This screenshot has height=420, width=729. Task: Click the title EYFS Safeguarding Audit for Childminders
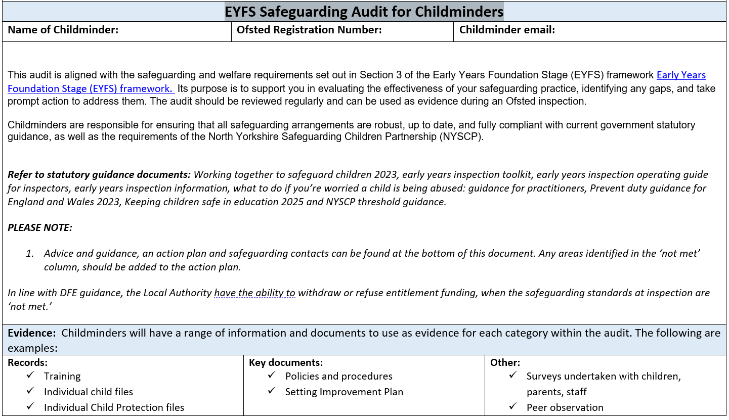click(x=364, y=11)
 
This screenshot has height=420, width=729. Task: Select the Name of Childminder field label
click(x=63, y=30)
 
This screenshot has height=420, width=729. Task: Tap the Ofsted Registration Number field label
click(x=309, y=30)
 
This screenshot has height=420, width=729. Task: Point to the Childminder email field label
click(x=507, y=30)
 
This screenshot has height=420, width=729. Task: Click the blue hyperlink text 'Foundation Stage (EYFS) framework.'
click(x=91, y=88)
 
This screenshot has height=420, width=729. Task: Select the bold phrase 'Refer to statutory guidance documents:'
click(x=99, y=175)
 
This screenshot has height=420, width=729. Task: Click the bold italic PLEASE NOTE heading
click(x=40, y=227)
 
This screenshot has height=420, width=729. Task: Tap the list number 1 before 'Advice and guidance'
click(x=30, y=253)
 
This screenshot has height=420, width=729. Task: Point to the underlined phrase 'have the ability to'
click(x=254, y=293)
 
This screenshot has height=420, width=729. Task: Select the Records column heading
click(x=28, y=362)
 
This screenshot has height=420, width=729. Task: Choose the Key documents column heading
click(x=286, y=362)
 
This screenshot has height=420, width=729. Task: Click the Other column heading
click(x=505, y=362)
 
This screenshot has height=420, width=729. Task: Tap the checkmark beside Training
click(x=31, y=375)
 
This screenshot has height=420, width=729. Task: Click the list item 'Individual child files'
click(x=89, y=392)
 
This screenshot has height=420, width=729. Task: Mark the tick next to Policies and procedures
click(x=272, y=375)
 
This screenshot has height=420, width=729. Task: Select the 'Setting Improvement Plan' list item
click(x=344, y=392)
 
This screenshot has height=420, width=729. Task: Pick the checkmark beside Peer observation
click(x=513, y=406)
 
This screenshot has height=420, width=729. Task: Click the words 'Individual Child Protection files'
click(x=114, y=407)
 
